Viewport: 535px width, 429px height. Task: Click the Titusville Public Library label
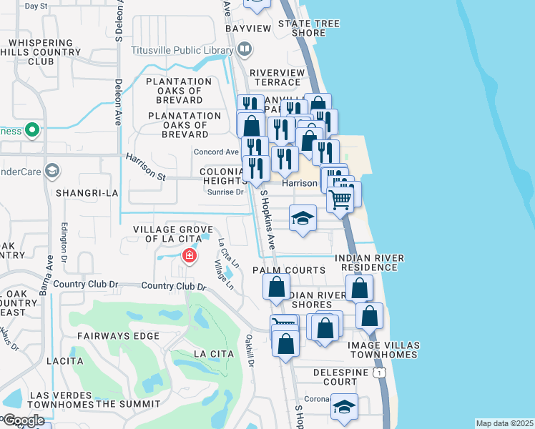tap(182, 50)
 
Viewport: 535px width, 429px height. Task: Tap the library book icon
tap(245, 49)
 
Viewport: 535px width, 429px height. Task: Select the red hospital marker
tap(190, 255)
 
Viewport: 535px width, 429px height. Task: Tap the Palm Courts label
tap(289, 270)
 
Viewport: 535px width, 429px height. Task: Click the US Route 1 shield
tap(379, 373)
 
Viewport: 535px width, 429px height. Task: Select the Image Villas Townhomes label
tap(382, 350)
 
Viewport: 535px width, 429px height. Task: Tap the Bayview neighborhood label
tap(248, 28)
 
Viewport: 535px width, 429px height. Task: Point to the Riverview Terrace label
tap(275, 77)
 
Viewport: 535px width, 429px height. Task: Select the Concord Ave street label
tap(216, 152)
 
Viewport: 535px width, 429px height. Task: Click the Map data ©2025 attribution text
tap(504, 423)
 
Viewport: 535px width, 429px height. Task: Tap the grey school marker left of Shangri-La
tap(51, 170)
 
